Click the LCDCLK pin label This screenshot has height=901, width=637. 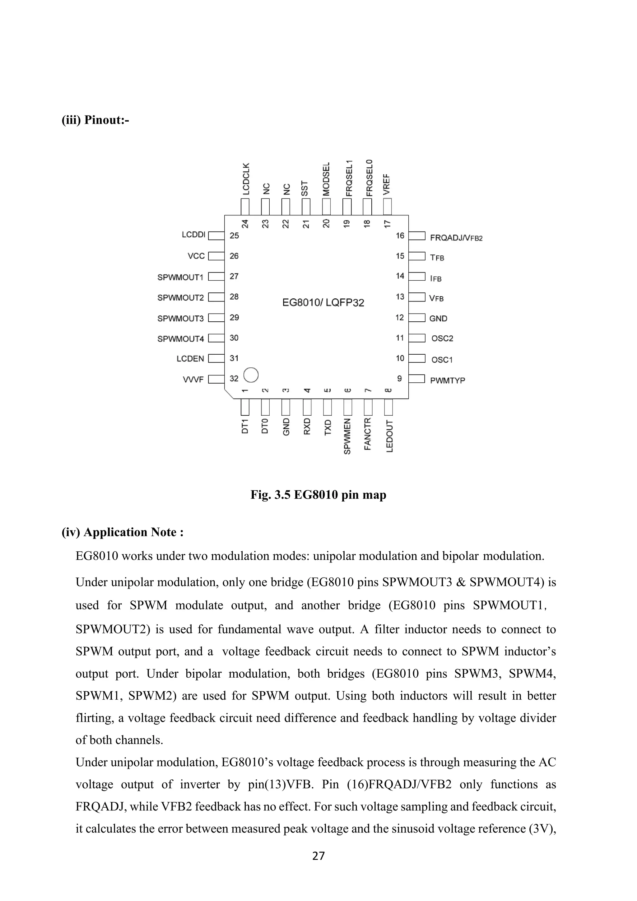pos(245,179)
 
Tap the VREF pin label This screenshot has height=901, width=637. pos(387,184)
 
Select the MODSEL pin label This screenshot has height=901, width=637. pos(326,179)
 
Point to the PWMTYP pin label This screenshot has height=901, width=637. pos(448,380)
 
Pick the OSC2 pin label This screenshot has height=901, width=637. pos(442,338)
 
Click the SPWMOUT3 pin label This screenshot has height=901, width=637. pos(180,318)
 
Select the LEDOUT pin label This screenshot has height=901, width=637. pos(389,436)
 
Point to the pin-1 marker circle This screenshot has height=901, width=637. pos(251,375)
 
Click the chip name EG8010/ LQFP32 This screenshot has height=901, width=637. pos(323,302)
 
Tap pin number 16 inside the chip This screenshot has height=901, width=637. pos(400,236)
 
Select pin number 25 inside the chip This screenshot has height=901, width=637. pos(234,236)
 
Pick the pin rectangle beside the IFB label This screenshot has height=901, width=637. pos(417,277)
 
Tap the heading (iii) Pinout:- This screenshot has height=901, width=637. pos(95,120)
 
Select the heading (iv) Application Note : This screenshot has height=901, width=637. pos(122,532)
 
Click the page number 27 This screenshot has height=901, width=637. pos(318,856)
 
